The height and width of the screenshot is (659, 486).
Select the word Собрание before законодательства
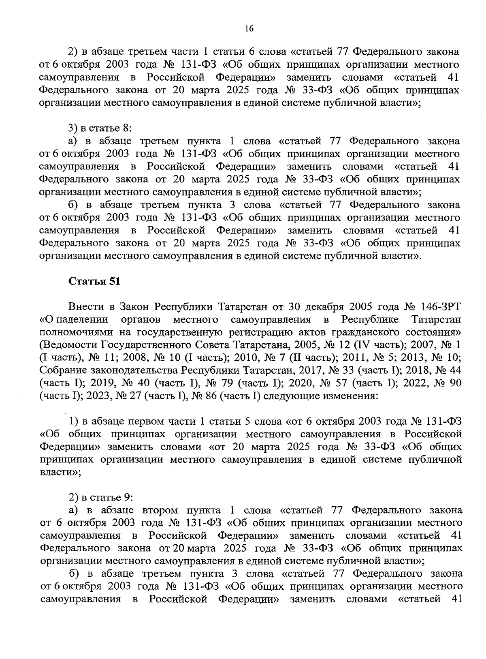(x=60, y=370)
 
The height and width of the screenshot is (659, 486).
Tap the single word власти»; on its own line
(x=60, y=473)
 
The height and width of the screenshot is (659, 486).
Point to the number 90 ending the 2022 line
(x=455, y=383)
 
